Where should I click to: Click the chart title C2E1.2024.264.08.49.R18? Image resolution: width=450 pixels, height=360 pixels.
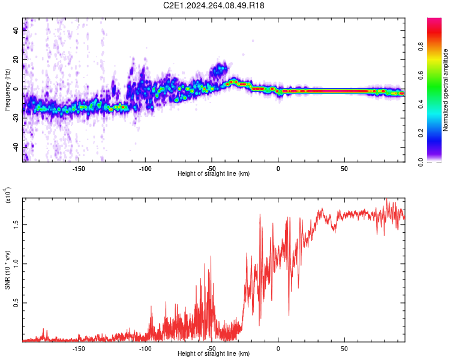click(214, 5)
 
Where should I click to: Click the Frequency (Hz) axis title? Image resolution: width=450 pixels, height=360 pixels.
click(7, 89)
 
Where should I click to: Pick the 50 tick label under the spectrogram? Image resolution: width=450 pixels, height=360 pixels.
click(344, 168)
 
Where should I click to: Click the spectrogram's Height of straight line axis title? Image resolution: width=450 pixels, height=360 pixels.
click(214, 174)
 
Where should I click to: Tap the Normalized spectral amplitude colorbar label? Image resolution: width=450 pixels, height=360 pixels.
click(446, 90)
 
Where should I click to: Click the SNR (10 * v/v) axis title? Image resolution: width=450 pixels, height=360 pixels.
click(8, 264)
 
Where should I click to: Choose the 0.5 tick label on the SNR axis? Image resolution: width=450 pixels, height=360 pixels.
click(15, 303)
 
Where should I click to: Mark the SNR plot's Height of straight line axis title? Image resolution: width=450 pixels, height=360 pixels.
click(214, 354)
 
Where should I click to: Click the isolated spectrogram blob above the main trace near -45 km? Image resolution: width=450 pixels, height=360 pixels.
click(218, 70)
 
